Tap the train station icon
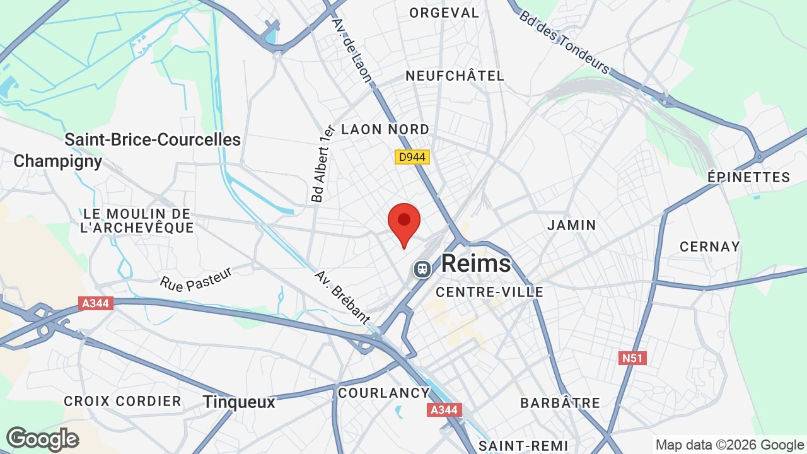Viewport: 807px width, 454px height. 422,269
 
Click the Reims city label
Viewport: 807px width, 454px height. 476,264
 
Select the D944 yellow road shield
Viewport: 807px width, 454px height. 412,156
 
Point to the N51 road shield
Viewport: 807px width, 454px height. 632,358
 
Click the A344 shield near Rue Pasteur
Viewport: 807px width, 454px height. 96,303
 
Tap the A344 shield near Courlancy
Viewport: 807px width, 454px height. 444,410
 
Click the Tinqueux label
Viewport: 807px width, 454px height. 240,402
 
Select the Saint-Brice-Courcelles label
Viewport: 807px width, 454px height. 153,139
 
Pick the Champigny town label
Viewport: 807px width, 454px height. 58,161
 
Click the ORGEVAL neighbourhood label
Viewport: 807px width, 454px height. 444,13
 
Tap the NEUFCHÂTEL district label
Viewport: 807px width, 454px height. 455,76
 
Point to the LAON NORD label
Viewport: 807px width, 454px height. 385,129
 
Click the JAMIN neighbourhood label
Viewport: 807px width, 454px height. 572,225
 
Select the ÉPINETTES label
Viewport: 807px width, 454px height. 748,177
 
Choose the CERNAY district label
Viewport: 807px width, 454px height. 709,247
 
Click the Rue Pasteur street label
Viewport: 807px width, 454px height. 196,279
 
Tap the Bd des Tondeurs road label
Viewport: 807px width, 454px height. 564,42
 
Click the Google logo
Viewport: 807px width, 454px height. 42,439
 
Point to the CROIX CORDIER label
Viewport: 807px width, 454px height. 122,401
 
